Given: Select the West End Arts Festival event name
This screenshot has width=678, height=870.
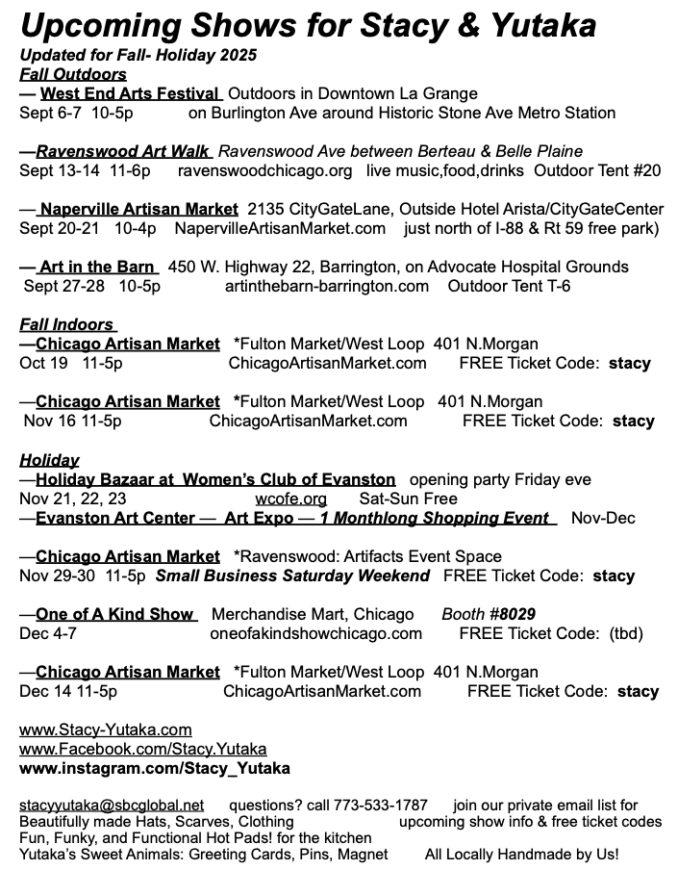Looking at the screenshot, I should click(130, 93).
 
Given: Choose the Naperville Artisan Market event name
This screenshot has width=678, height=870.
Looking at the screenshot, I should click(139, 209).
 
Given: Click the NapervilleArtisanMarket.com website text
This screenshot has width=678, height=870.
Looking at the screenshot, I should click(280, 228).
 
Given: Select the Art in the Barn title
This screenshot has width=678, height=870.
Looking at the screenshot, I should click(97, 267).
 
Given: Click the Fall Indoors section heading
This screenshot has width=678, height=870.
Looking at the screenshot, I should click(66, 324).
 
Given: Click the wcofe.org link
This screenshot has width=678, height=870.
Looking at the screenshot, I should click(290, 499).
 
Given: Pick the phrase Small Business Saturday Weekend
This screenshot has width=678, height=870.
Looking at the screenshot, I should click(292, 576).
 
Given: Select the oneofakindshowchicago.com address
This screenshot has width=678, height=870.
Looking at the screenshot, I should click(315, 633).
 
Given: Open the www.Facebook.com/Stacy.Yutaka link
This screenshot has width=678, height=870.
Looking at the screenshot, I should click(143, 749).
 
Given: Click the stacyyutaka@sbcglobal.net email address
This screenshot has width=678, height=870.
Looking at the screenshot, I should click(112, 805).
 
